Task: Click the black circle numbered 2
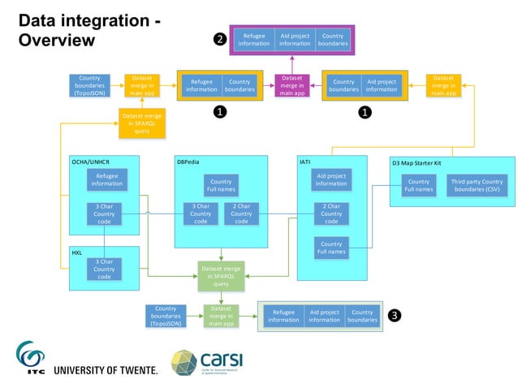pos(219,39)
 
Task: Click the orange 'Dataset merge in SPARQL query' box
pos(142,123)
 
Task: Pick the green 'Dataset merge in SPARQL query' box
pos(222,276)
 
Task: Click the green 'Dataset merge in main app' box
pos(222,315)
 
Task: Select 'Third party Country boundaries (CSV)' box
pos(477,186)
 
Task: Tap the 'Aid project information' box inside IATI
pos(331,179)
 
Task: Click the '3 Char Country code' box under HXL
pos(104,269)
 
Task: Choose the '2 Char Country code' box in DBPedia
pos(241,214)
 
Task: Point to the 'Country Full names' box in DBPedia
pos(221,186)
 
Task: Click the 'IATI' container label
pos(305,162)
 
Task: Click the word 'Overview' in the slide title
pos(57,41)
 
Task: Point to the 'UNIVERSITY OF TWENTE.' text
pos(106,370)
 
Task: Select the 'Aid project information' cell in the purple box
pos(294,39)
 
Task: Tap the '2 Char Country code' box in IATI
pos(331,214)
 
